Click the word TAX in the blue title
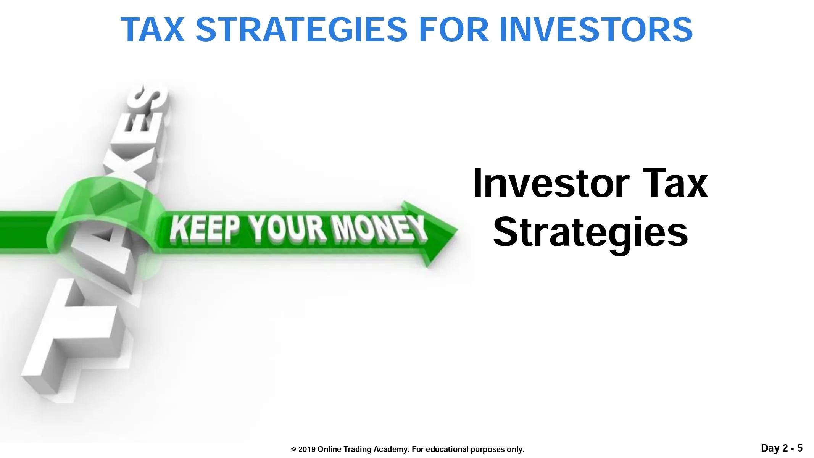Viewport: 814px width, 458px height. (x=153, y=29)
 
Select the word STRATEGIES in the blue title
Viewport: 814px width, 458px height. (x=301, y=29)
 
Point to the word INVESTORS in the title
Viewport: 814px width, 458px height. (x=596, y=29)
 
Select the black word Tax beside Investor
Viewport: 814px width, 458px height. (x=675, y=184)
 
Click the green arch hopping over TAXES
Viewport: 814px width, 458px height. (x=107, y=191)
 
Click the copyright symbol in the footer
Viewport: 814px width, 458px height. (x=293, y=449)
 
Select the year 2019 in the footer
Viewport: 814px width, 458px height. (x=307, y=449)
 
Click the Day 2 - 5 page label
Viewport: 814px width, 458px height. (x=782, y=448)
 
